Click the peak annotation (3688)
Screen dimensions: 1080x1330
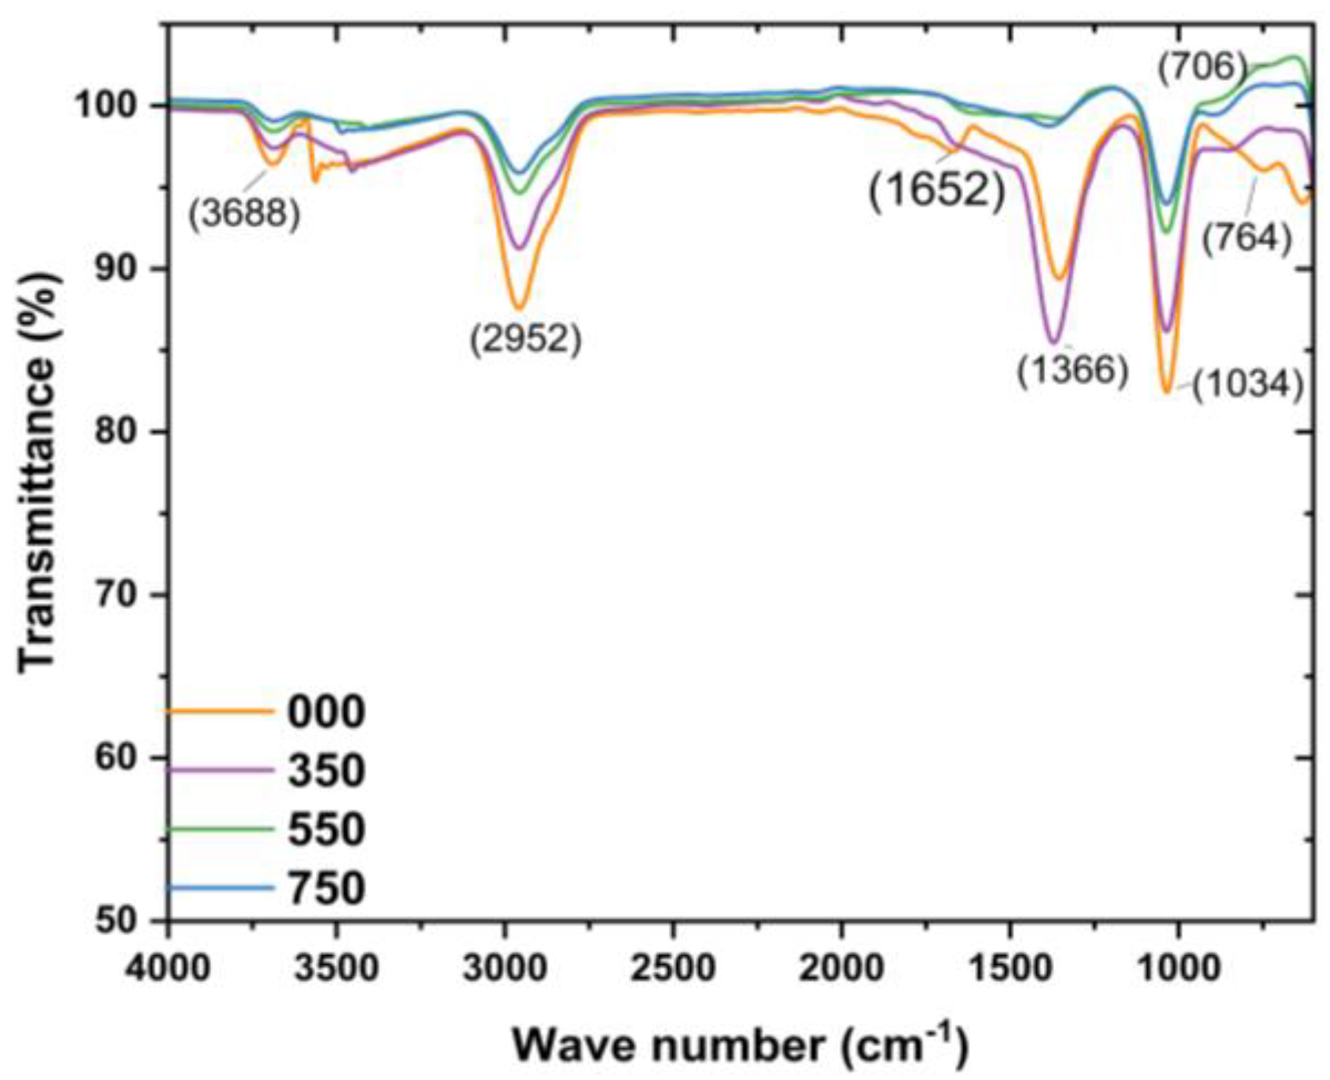[244, 214]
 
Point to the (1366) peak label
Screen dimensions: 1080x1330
[1072, 369]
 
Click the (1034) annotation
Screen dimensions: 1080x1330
[1247, 385]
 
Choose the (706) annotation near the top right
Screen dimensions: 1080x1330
[1202, 67]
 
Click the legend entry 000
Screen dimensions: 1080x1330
[325, 712]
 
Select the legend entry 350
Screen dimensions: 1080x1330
[325, 770]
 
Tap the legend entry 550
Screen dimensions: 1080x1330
[325, 828]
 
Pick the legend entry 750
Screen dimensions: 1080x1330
[325, 887]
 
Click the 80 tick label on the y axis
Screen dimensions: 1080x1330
[118, 432]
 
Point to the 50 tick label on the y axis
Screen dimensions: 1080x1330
[118, 921]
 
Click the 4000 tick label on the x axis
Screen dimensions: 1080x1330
[168, 967]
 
